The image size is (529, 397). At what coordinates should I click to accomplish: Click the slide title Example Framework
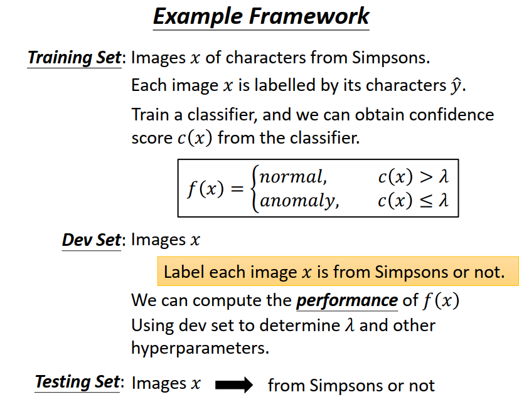(261, 16)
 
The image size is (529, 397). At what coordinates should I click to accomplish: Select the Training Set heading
(74, 58)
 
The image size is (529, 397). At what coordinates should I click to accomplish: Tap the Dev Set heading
(91, 240)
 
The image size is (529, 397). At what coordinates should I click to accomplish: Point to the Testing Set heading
(77, 381)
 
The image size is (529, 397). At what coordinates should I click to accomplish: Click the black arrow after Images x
(233, 384)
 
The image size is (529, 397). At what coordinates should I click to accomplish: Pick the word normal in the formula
(293, 177)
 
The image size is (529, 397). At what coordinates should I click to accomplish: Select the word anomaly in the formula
(298, 201)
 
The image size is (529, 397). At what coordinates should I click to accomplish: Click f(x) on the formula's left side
(206, 189)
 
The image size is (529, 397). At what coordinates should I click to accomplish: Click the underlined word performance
(347, 300)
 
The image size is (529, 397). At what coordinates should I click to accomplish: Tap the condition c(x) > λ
(414, 177)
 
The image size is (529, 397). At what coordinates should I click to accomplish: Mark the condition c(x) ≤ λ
(414, 201)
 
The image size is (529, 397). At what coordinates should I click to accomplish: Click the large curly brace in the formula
(254, 189)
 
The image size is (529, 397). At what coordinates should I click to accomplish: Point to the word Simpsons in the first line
(390, 58)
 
